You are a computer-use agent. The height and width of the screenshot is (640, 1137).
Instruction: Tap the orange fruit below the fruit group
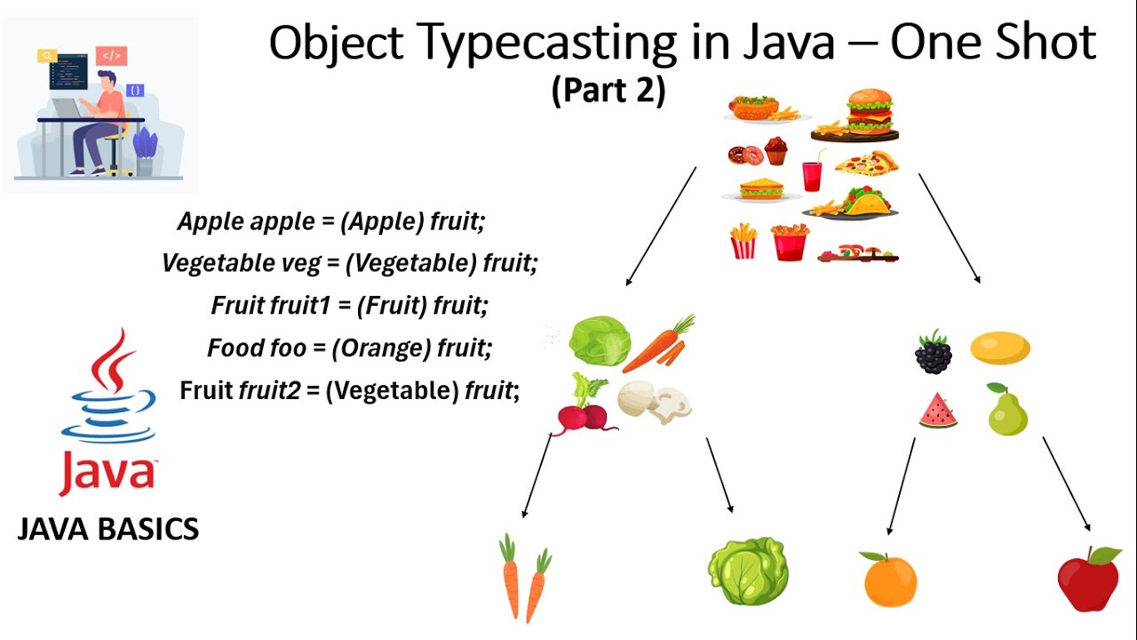coord(889,580)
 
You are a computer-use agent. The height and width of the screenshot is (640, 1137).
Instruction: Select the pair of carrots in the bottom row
coord(525,577)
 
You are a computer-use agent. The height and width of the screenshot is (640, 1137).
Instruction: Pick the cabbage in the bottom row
coord(748,572)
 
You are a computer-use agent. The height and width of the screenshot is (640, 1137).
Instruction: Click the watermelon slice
coord(938,411)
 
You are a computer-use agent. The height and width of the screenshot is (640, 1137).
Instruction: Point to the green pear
coord(1007,411)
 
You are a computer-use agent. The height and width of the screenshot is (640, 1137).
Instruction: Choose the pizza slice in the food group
coord(864,164)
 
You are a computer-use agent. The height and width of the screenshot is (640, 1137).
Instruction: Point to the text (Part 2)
coord(608,91)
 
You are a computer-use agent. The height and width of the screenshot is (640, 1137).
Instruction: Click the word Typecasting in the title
coord(522,43)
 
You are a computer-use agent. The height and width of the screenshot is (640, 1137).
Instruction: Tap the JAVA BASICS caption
coord(108,530)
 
